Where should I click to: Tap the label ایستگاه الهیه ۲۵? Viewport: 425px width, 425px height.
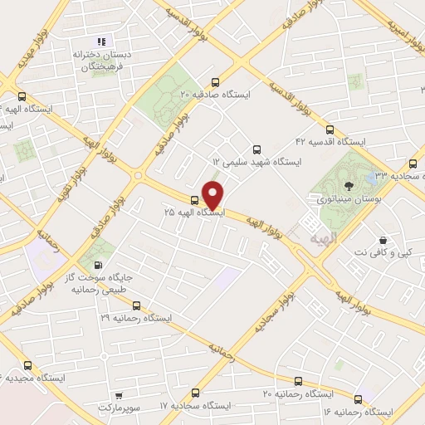(x=194, y=213)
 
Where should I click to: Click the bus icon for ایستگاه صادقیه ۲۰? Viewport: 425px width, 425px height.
(x=216, y=82)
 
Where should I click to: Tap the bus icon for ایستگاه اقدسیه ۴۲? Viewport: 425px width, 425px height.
(x=330, y=130)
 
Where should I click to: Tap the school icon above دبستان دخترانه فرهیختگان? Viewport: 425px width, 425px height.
(x=101, y=42)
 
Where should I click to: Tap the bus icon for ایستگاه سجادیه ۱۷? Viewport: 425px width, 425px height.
(x=196, y=393)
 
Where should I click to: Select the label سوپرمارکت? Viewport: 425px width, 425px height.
(x=121, y=409)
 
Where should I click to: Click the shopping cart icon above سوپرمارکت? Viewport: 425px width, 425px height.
(x=121, y=396)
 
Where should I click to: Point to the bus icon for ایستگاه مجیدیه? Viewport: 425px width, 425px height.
(x=27, y=365)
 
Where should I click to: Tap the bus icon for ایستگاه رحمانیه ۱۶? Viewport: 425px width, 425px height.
(x=359, y=398)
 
